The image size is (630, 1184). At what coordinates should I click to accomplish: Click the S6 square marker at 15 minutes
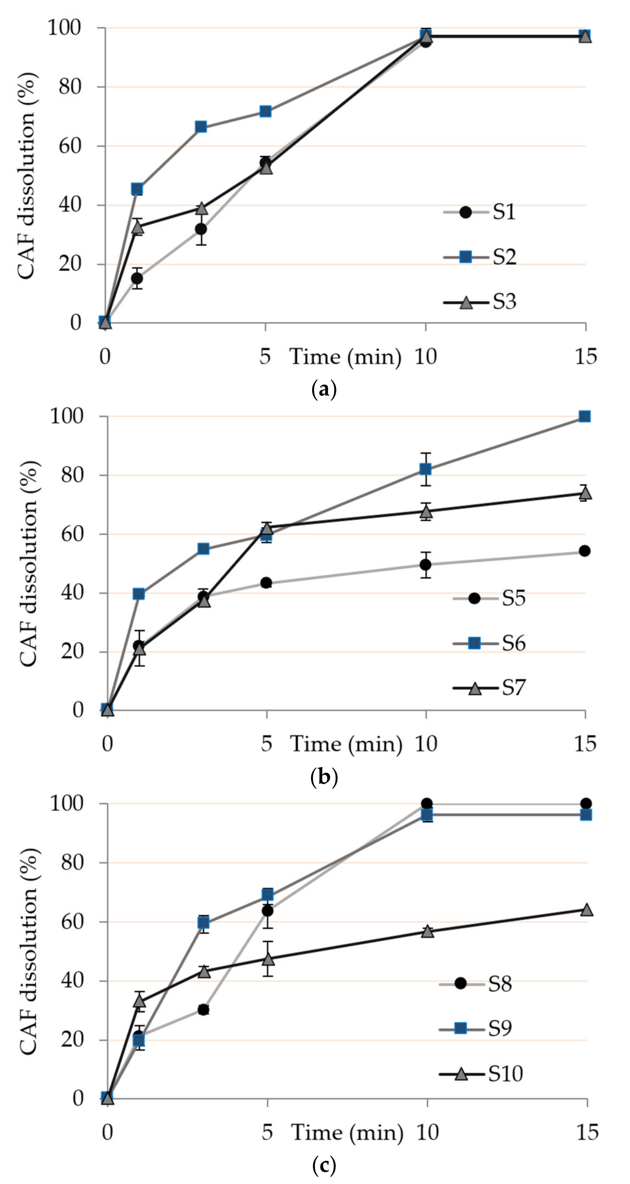click(x=584, y=416)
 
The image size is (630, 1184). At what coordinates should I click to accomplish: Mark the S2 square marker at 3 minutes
click(x=201, y=127)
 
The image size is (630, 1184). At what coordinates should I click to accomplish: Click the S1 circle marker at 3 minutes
click(x=201, y=229)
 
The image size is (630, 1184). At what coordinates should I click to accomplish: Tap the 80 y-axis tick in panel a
click(x=69, y=87)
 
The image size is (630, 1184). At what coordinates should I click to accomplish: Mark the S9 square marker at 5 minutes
click(x=267, y=895)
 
